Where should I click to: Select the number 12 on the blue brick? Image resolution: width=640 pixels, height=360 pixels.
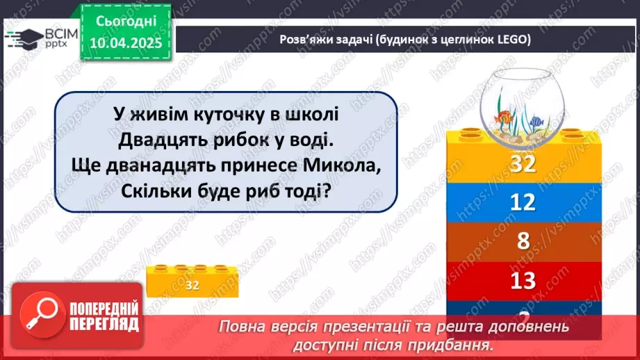click(x=522, y=202)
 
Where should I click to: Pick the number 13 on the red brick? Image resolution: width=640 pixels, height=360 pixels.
click(x=522, y=280)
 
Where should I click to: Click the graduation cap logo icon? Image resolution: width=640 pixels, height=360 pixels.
click(x=23, y=35)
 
